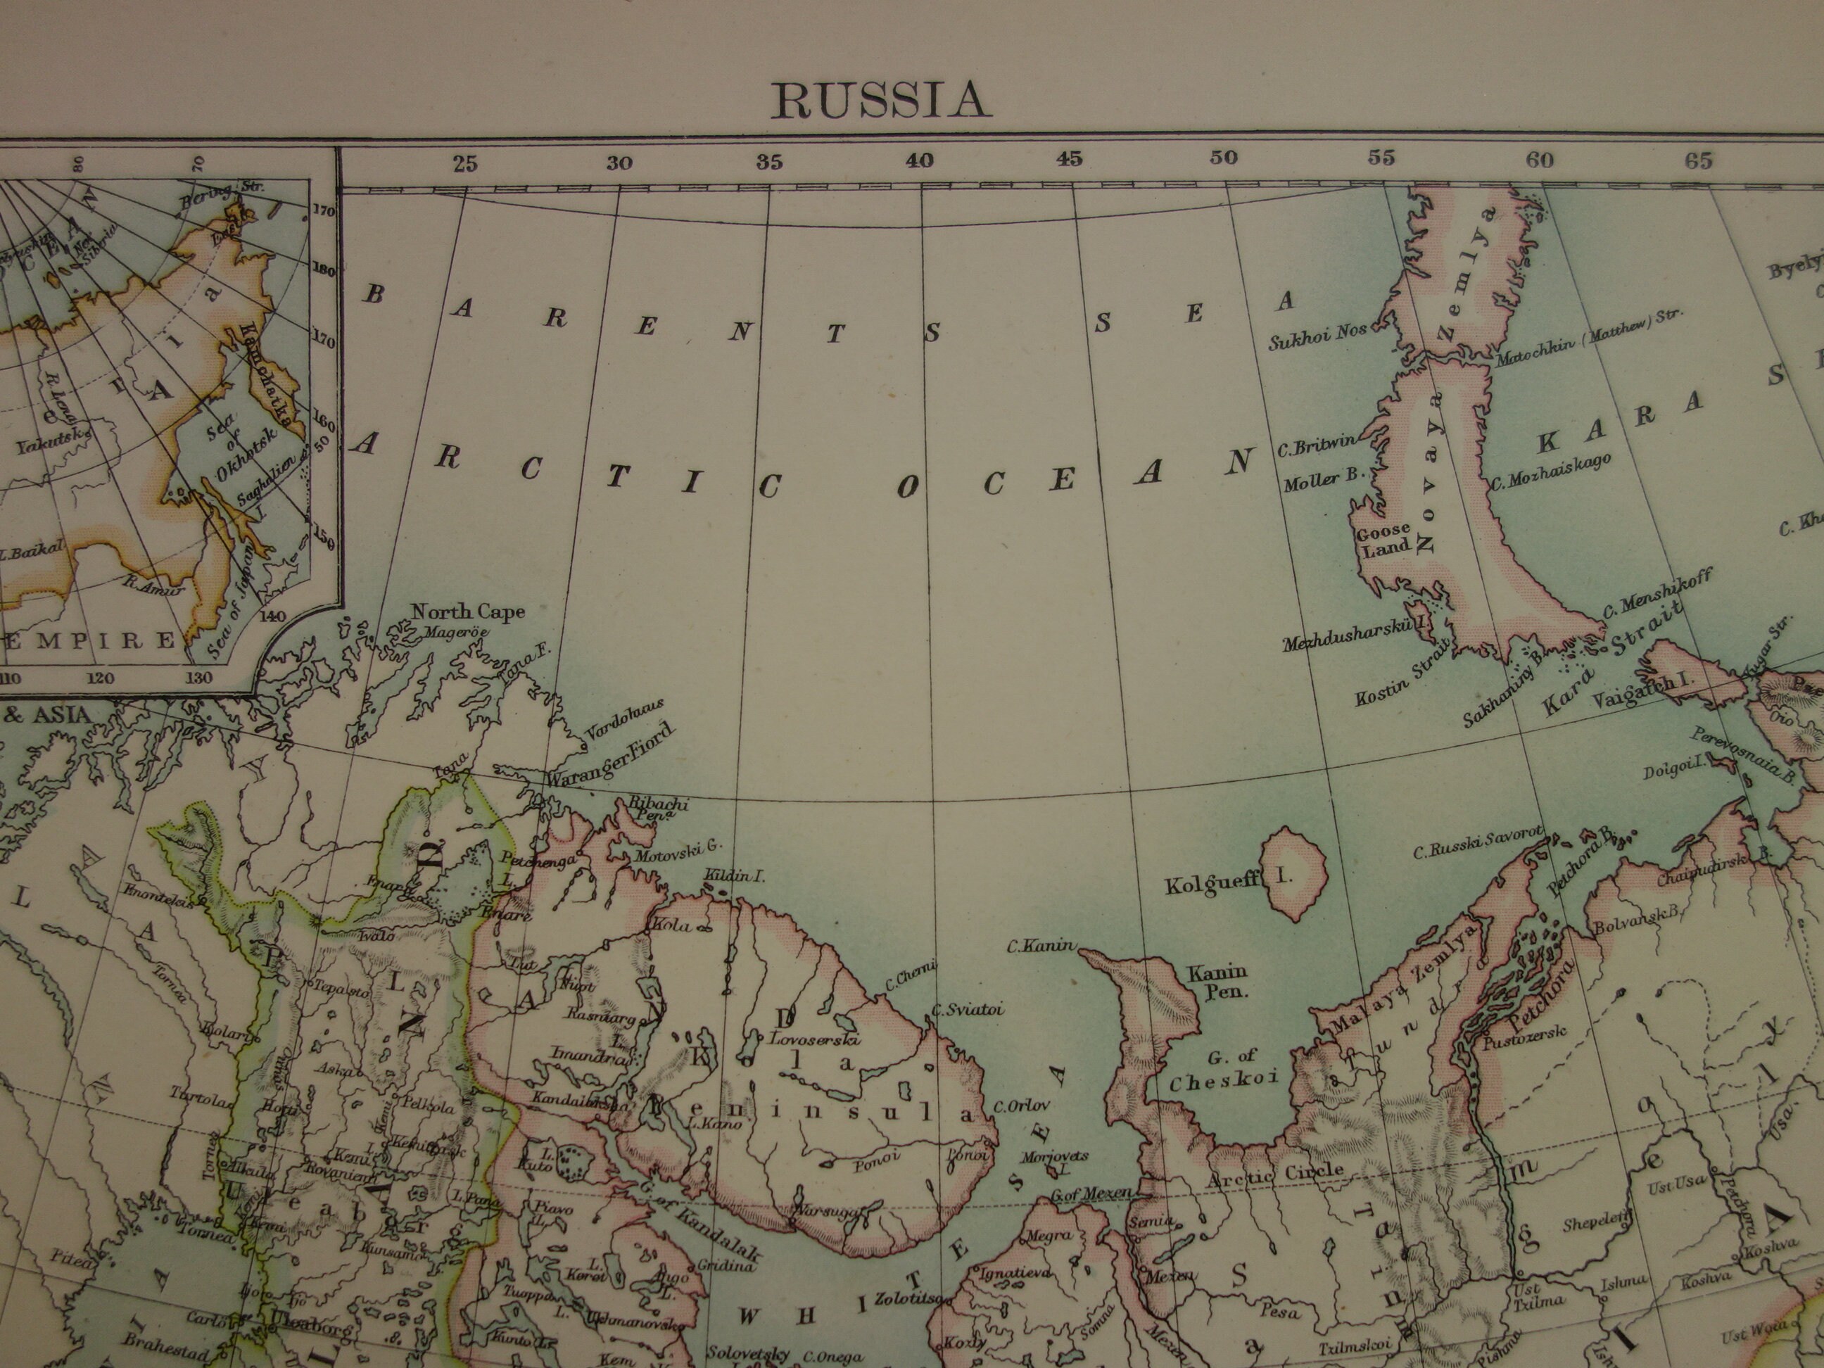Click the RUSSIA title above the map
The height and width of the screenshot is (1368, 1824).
(x=880, y=101)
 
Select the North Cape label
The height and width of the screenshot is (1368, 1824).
(x=467, y=612)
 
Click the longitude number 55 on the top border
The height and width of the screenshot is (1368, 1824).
(x=1381, y=158)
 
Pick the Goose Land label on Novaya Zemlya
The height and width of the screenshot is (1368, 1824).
(x=1383, y=541)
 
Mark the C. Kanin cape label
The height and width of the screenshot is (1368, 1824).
(x=1041, y=946)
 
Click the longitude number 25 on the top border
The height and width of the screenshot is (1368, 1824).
(x=464, y=163)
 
